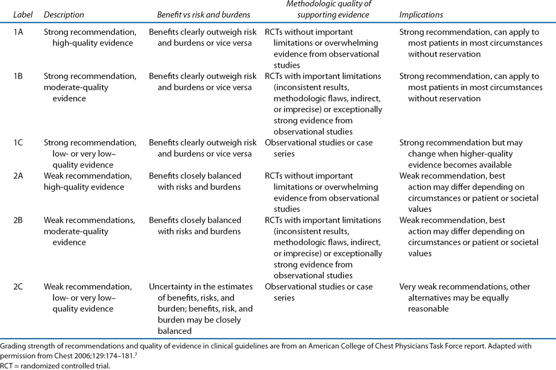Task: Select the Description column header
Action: click(x=63, y=15)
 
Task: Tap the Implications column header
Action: click(x=421, y=15)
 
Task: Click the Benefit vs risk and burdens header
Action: click(x=204, y=15)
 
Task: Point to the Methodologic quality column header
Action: click(x=317, y=10)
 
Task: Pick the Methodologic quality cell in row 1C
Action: click(x=319, y=148)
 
